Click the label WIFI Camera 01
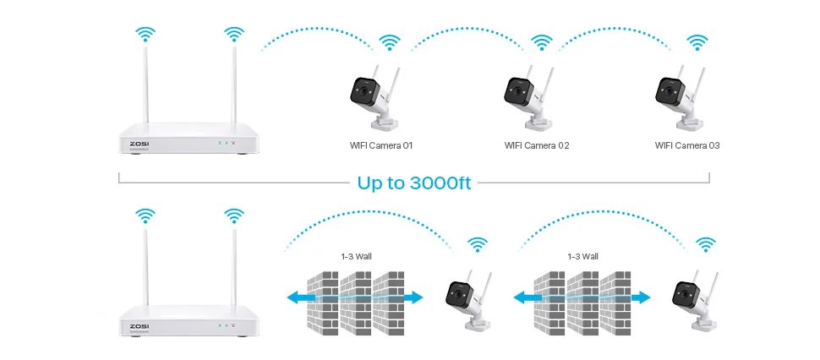click(x=381, y=145)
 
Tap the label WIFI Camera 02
click(x=537, y=145)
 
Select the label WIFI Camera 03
click(x=687, y=145)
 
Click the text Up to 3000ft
click(x=414, y=183)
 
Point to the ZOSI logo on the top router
click(x=139, y=143)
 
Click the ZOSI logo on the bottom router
click(x=139, y=325)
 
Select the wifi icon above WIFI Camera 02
click(x=543, y=42)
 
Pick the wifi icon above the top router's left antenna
click(x=147, y=35)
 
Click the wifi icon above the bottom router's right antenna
click(x=234, y=217)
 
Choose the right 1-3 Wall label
click(x=582, y=255)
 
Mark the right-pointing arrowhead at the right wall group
click(x=644, y=297)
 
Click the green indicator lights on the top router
click(x=225, y=143)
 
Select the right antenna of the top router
click(x=233, y=85)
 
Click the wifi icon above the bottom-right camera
click(x=705, y=245)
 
